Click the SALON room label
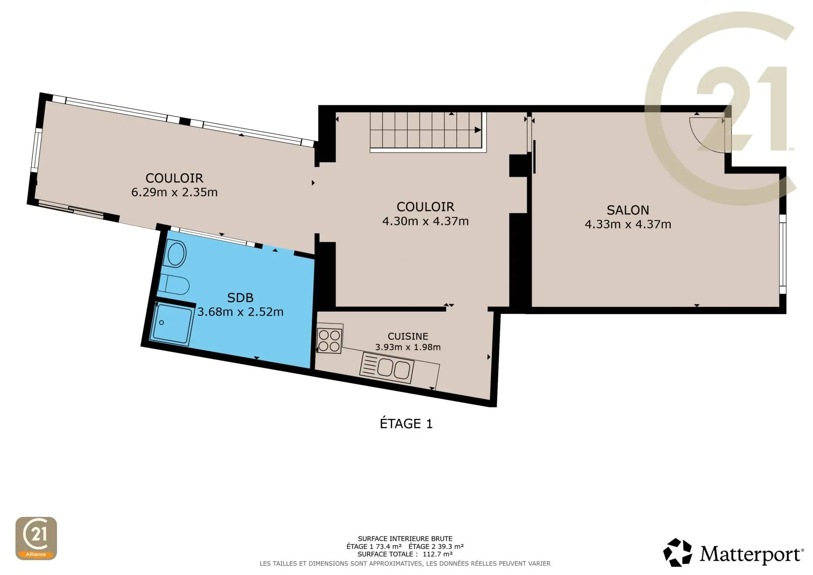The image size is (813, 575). pyautogui.click(x=628, y=210)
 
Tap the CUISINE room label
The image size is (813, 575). pyautogui.click(x=408, y=336)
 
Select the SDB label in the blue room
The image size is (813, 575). pyautogui.click(x=240, y=298)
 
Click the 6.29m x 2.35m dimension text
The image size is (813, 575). pyautogui.click(x=174, y=192)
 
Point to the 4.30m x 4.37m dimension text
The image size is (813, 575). pyautogui.click(x=426, y=221)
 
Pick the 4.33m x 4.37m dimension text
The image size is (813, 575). pyautogui.click(x=628, y=224)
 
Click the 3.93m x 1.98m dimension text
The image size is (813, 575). pyautogui.click(x=408, y=347)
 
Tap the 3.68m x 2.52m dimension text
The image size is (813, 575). pyautogui.click(x=241, y=312)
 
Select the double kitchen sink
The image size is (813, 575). pyautogui.click(x=387, y=368)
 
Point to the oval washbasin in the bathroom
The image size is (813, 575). pyautogui.click(x=176, y=254)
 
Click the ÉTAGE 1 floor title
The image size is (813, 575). pyautogui.click(x=406, y=423)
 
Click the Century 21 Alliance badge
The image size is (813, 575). pyautogui.click(x=36, y=538)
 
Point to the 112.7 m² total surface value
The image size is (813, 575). pyautogui.click(x=437, y=554)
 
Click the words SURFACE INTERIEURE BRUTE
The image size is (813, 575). pyautogui.click(x=405, y=539)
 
